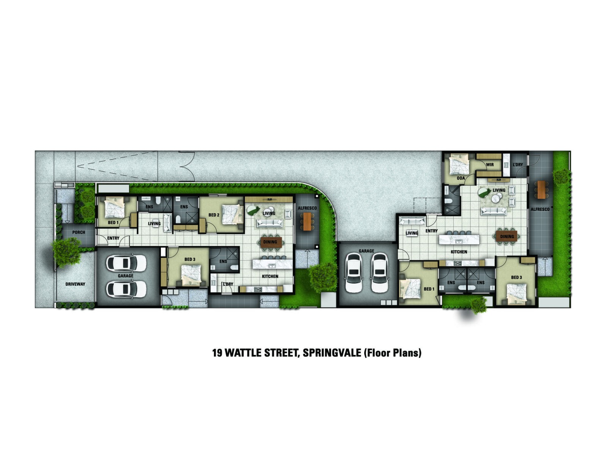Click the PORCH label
[x=79, y=232]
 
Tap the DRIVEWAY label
[x=75, y=284]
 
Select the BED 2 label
[x=214, y=215]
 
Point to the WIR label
[x=490, y=165]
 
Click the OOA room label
[x=461, y=178]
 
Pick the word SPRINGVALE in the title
[x=332, y=353]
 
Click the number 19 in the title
[x=217, y=353]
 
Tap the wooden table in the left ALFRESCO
[x=307, y=221]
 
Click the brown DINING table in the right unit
[x=506, y=236]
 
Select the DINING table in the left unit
[x=271, y=242]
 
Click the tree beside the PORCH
[x=67, y=252]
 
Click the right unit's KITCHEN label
[x=459, y=252]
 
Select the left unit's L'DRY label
[x=228, y=284]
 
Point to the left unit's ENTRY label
[x=113, y=238]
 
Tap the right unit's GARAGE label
[x=366, y=251]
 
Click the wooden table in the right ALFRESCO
[x=541, y=190]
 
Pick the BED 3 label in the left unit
[x=190, y=259]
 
